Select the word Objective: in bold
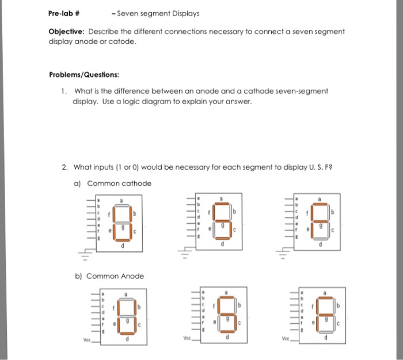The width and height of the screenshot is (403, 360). tap(66, 31)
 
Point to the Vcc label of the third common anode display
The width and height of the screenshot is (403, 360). tap(286, 340)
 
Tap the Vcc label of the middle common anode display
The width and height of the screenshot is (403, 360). tap(185, 339)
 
